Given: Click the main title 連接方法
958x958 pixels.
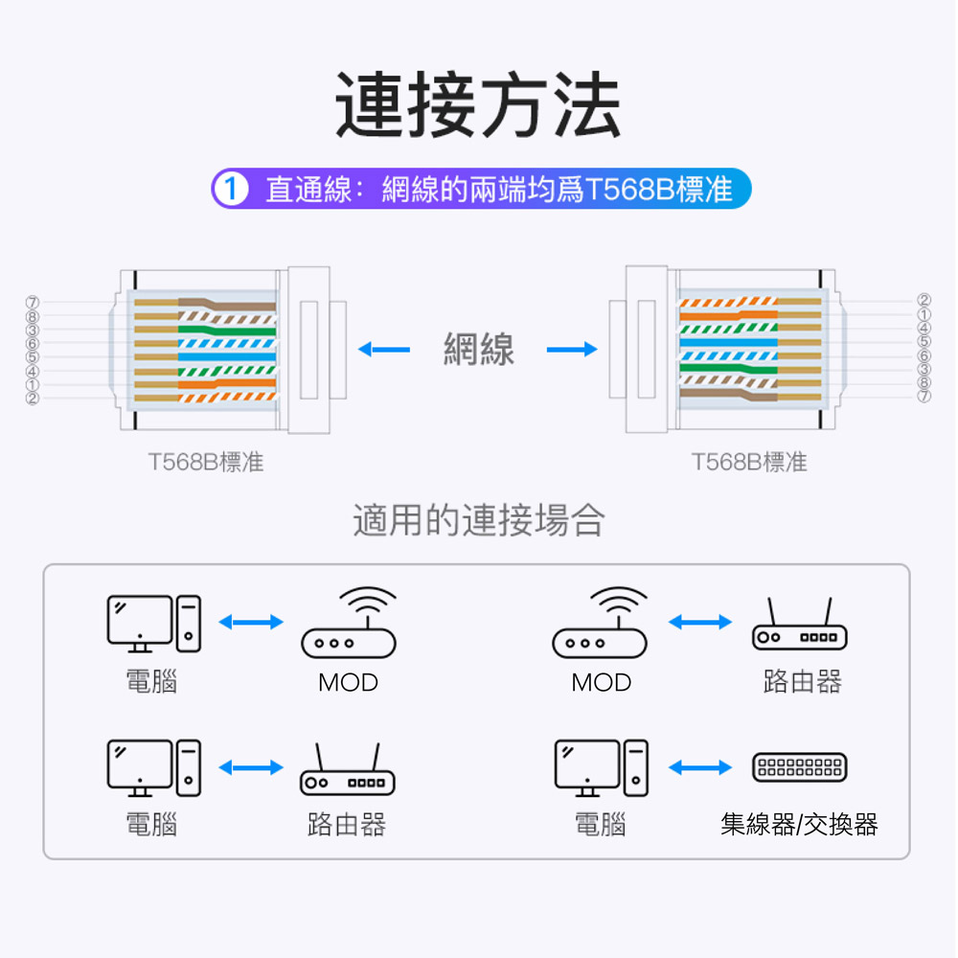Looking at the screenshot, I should [478, 106].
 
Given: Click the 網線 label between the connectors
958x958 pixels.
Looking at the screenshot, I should [479, 350].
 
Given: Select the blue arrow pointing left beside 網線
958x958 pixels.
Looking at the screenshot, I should [383, 350].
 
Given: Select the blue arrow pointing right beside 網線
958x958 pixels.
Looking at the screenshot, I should [572, 350].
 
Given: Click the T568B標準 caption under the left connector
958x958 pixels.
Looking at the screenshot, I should [206, 463].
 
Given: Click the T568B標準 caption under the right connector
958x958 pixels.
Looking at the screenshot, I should [750, 463].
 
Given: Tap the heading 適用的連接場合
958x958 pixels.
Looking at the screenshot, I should [479, 520].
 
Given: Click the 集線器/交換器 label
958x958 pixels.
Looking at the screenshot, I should [799, 824].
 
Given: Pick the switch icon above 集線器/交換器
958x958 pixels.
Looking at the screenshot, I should [799, 767].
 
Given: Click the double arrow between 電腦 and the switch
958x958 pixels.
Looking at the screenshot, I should [700, 767].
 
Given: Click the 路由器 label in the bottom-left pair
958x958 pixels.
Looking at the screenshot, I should [347, 824].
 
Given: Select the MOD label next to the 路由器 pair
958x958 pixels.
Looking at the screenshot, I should [602, 683].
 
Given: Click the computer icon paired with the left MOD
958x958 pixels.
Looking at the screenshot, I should [153, 623].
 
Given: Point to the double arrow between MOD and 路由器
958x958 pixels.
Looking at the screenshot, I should [700, 623].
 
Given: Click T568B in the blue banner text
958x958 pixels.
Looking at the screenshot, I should [628, 190].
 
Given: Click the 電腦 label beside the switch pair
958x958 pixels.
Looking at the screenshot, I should [601, 824].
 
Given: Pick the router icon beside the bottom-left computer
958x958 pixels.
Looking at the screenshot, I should [347, 772].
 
